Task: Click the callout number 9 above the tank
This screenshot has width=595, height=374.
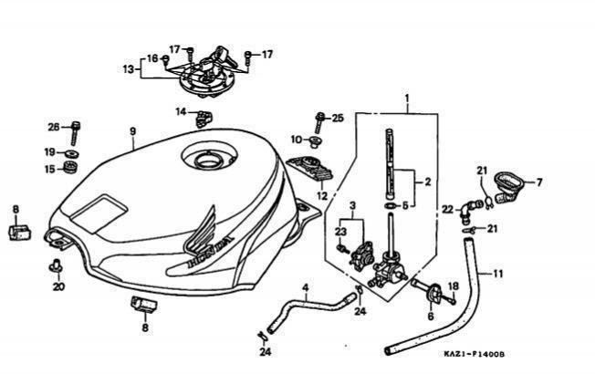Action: pyautogui.click(x=133, y=131)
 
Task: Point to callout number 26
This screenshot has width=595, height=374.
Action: pyautogui.click(x=53, y=126)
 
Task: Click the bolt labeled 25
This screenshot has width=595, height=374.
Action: pyautogui.click(x=318, y=119)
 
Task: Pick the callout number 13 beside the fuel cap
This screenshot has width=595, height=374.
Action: pyautogui.click(x=129, y=68)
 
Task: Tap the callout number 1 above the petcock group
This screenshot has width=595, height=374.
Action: pyautogui.click(x=407, y=98)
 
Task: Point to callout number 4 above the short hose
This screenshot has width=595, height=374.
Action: pyautogui.click(x=305, y=287)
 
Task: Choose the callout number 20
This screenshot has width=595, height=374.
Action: pyautogui.click(x=58, y=286)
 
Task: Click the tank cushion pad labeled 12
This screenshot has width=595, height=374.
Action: pyautogui.click(x=312, y=171)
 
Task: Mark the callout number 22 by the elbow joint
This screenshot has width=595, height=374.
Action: pyautogui.click(x=447, y=210)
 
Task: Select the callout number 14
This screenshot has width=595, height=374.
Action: pyautogui.click(x=181, y=112)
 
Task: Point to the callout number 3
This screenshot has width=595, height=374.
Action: pyautogui.click(x=352, y=205)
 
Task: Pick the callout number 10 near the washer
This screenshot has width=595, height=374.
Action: pyautogui.click(x=296, y=140)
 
